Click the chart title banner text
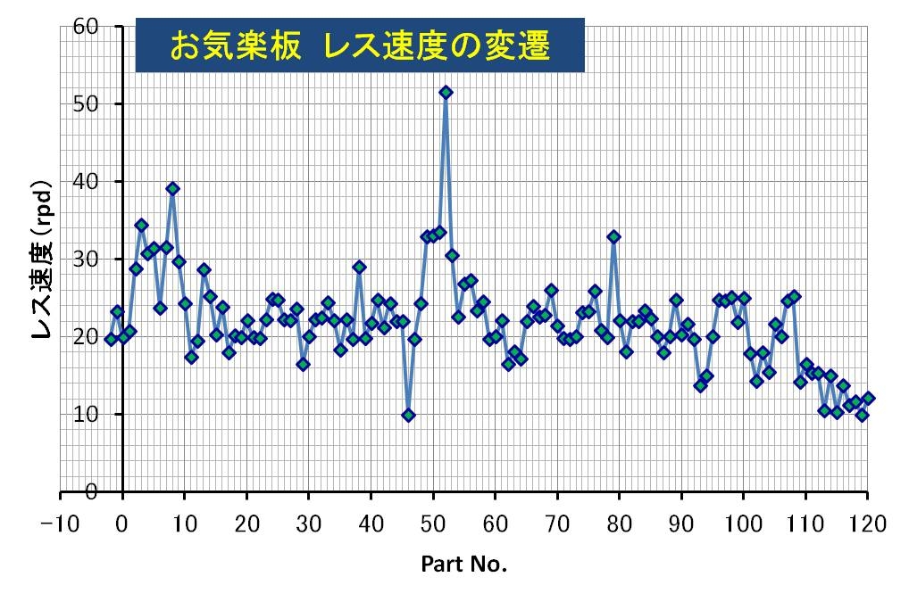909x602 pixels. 359,45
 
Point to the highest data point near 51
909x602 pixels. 446,92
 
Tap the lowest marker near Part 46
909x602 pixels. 408,415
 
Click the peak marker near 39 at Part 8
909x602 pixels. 172,189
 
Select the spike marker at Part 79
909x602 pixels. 613,237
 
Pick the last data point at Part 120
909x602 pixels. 868,398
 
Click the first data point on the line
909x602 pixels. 111,339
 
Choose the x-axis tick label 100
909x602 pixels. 743,524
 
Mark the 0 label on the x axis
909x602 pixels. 122,524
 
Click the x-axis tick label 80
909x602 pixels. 619,524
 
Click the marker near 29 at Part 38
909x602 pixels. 359,267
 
